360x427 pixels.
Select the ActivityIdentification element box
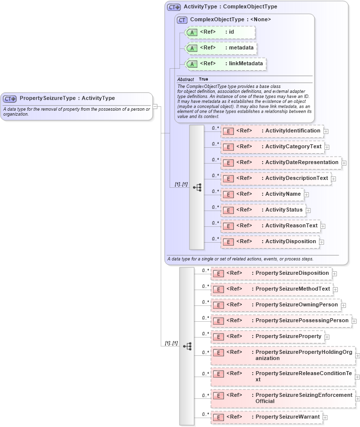[x=271, y=131]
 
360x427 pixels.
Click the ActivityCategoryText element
[x=271, y=147]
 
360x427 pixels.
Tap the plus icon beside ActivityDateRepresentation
[x=344, y=163]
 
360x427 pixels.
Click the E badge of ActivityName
[x=228, y=194]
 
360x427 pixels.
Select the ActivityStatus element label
[x=283, y=210]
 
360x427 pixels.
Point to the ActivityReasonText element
[x=270, y=226]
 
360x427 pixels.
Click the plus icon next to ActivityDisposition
[x=321, y=242]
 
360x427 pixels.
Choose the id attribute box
[x=220, y=32]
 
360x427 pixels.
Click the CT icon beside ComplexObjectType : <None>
[x=182, y=20]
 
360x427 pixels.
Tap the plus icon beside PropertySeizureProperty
[x=327, y=337]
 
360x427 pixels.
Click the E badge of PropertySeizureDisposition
[x=218, y=273]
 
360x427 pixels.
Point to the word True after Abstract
[x=203, y=79]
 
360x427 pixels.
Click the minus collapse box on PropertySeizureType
[x=155, y=106]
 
